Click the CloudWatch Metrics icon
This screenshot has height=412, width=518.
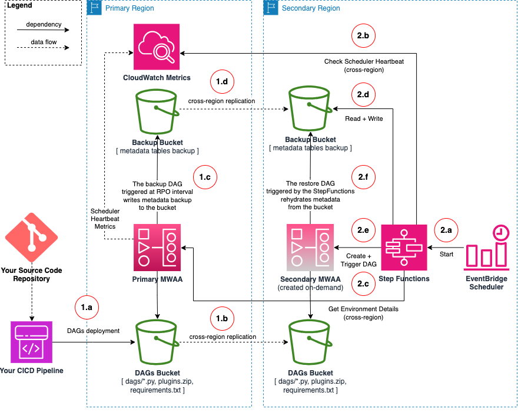(x=157, y=47)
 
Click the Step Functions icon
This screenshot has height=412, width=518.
(x=404, y=246)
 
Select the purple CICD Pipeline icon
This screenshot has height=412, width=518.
(x=31, y=342)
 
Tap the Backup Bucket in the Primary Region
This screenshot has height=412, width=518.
(x=157, y=112)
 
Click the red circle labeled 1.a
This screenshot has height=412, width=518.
(x=87, y=307)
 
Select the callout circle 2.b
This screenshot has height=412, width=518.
(x=363, y=35)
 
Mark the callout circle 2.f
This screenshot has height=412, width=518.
(x=363, y=176)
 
